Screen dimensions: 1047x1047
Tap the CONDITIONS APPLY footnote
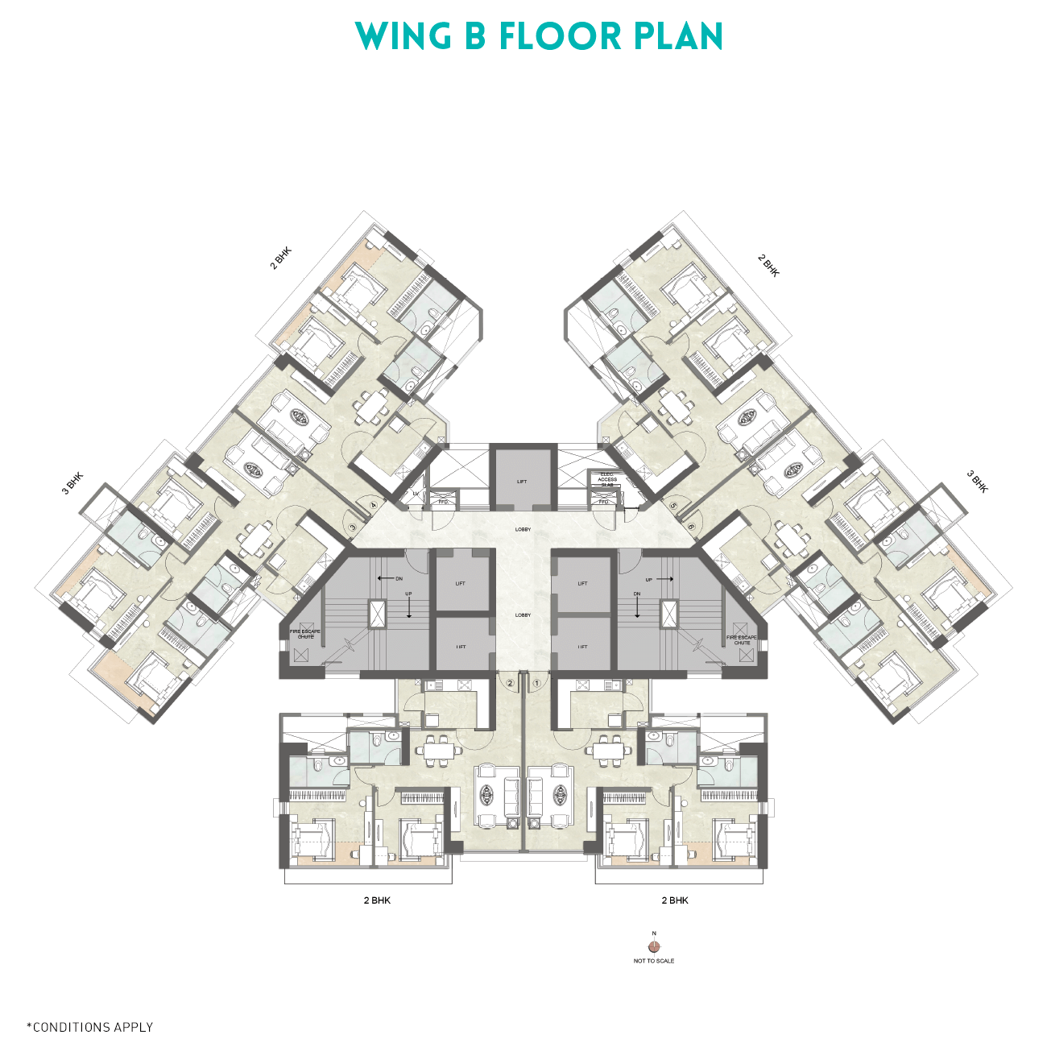tap(90, 1027)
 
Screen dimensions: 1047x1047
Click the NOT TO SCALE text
tap(654, 961)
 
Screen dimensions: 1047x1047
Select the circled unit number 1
tap(537, 683)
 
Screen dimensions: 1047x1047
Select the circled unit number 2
tap(511, 683)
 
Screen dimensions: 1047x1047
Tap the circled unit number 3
tap(353, 528)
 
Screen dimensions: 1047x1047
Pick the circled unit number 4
tap(373, 506)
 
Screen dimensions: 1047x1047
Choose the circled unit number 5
tap(673, 506)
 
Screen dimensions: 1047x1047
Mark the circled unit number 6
tap(693, 527)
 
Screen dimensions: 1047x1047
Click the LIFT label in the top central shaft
tap(522, 482)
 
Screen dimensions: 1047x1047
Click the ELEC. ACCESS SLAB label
tap(607, 479)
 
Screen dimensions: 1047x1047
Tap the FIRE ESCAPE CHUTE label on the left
tap(305, 634)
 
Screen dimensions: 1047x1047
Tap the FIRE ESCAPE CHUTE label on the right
tap(742, 639)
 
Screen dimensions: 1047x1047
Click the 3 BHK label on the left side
tap(72, 483)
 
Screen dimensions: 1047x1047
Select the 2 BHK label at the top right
tap(769, 266)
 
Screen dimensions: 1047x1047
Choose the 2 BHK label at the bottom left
tap(377, 900)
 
